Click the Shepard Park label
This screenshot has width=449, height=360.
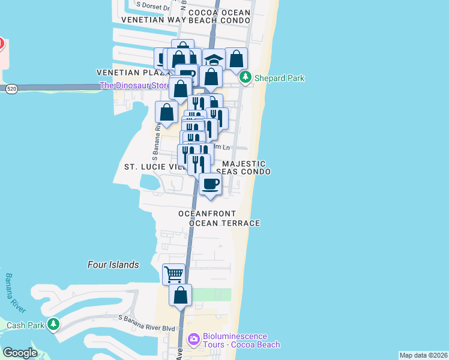[x=279, y=78]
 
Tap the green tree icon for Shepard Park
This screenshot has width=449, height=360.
[x=245, y=77]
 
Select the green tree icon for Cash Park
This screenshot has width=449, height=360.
[x=53, y=325]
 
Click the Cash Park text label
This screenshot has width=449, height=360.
[x=25, y=325]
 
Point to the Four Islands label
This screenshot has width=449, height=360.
[x=113, y=265]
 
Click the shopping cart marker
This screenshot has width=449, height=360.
[x=173, y=274]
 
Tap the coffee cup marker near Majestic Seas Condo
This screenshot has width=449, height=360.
[x=210, y=184]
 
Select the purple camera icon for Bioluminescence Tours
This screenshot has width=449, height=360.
[x=193, y=340]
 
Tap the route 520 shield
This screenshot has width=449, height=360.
[x=11, y=89]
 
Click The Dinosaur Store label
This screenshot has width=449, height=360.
[x=134, y=85]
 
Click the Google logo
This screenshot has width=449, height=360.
[x=20, y=353]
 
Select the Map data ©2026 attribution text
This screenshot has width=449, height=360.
[x=423, y=355]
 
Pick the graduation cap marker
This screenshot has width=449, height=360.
[x=213, y=59]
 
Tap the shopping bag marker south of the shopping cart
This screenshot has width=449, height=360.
[x=180, y=295]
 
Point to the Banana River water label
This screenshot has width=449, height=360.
[x=16, y=293]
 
